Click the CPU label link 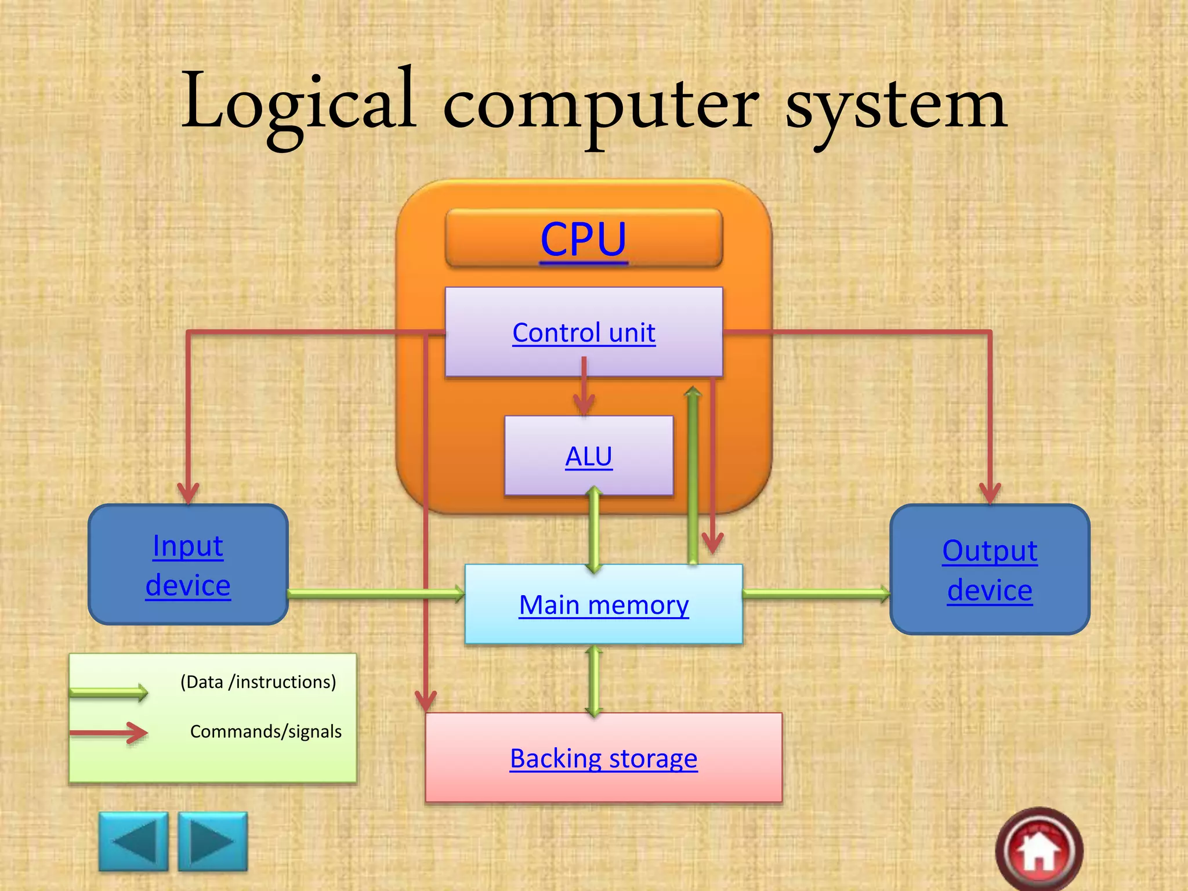583,239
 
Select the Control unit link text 584,333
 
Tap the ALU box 588,455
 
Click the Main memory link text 603,605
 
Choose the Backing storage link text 603,759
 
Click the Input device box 188,564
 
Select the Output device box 990,569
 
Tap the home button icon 1039,850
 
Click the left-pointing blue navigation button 134,841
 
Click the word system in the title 896,107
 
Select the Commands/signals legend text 266,731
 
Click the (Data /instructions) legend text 258,682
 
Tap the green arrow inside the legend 108,692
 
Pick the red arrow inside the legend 108,733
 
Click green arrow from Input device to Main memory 376,593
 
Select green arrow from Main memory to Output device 816,593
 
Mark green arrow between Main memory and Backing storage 593,680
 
